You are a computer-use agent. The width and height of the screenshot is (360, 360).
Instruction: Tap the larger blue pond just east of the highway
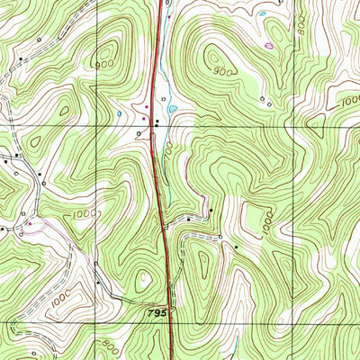[x=171, y=111]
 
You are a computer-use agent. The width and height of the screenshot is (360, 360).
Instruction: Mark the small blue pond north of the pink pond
[x=261, y=14]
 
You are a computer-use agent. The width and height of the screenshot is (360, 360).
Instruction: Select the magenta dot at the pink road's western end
[x=30, y=222]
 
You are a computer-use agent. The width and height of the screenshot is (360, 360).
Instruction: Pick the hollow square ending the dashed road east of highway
[x=220, y=237]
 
